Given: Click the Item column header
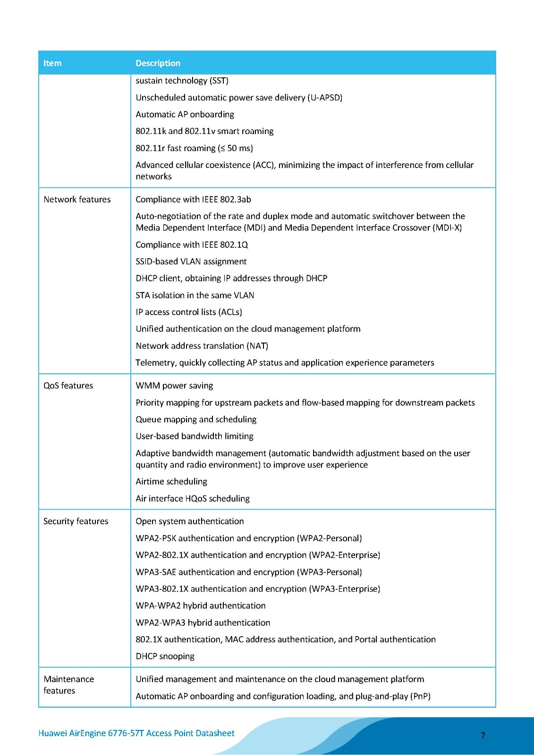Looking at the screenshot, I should tap(52, 63).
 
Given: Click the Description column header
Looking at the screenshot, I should tap(158, 63).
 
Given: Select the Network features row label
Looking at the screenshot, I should tap(77, 200).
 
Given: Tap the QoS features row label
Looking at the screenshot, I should tap(68, 386).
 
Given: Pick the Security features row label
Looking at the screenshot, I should tap(76, 521).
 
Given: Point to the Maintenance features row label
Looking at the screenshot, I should tap(68, 685).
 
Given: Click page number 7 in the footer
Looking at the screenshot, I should tap(483, 735).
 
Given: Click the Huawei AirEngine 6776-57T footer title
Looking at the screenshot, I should tap(136, 733).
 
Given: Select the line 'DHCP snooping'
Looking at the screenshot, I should tap(165, 656).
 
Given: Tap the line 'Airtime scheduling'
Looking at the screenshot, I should tap(171, 482).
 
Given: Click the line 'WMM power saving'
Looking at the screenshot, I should tap(174, 386).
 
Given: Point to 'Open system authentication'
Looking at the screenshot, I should tap(190, 521).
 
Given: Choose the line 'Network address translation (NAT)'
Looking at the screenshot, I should tap(202, 346).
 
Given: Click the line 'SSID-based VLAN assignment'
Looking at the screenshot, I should tap(191, 261).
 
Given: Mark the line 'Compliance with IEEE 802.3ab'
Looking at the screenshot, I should tap(193, 200).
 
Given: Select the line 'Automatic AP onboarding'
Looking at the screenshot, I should tap(185, 115).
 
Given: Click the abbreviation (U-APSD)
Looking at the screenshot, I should tap(325, 98).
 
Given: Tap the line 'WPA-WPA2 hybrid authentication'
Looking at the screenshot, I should tap(200, 606).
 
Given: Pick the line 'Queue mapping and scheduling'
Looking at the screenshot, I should tap(196, 419).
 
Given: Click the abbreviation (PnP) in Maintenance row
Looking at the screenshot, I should tap(420, 696).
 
